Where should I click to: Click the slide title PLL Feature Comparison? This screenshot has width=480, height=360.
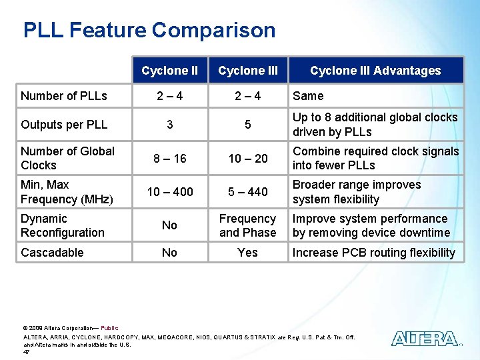click(149, 30)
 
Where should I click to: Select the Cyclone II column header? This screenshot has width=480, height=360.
click(169, 71)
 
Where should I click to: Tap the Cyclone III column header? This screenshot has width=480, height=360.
click(247, 71)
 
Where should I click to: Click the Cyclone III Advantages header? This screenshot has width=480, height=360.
click(375, 71)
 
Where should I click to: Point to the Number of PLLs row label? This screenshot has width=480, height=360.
click(64, 96)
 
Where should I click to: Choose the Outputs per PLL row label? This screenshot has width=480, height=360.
click(64, 125)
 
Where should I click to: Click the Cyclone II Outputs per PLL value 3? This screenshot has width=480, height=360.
click(170, 125)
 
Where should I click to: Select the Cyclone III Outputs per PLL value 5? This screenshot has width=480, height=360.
click(247, 125)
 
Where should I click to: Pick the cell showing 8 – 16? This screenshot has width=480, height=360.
click(170, 159)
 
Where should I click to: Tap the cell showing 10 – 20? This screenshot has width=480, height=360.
click(247, 159)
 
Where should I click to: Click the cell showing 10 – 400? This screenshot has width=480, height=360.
click(170, 192)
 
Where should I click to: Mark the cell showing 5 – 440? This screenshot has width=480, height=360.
click(247, 192)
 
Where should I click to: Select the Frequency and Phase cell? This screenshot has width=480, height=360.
click(247, 225)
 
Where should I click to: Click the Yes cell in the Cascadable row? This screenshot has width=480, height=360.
click(247, 253)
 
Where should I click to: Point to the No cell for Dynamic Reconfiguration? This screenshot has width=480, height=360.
click(170, 225)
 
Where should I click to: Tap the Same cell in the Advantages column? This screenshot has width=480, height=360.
click(308, 96)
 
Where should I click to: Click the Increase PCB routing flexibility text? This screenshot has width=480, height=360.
click(373, 253)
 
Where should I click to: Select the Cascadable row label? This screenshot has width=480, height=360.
click(52, 253)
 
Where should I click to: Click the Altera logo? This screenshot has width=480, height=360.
click(425, 339)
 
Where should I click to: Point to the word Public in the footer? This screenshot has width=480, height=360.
click(109, 328)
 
